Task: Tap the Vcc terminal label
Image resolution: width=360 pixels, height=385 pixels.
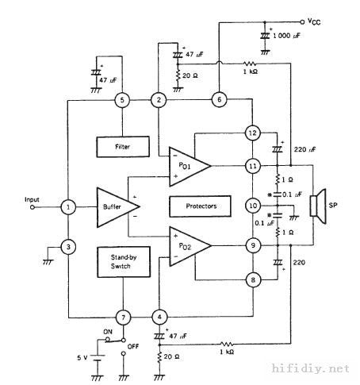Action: [314, 21]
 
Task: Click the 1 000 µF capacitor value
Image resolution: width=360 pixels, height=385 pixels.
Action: [286, 36]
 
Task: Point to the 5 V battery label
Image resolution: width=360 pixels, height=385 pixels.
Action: [82, 358]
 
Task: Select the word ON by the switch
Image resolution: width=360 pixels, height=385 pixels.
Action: [108, 332]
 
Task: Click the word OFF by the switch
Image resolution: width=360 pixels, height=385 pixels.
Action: [133, 346]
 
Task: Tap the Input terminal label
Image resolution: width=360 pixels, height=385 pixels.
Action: [32, 199]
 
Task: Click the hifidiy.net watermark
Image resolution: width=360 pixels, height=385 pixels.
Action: [311, 368]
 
